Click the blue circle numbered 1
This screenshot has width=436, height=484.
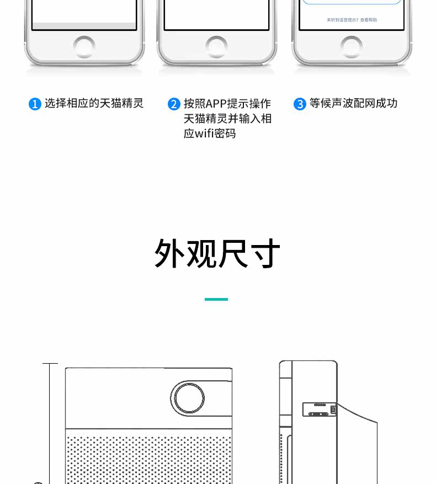(35, 104)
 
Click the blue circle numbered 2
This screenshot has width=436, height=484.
(174, 104)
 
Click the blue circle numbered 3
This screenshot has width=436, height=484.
(300, 104)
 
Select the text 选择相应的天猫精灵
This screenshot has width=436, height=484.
(94, 103)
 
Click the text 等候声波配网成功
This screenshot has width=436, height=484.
(353, 103)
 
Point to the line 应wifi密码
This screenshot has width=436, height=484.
(210, 134)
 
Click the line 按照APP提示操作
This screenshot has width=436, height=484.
(227, 103)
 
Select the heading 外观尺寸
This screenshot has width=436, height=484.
(217, 254)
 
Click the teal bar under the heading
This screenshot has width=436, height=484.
(216, 299)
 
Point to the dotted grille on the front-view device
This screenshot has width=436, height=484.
(149, 458)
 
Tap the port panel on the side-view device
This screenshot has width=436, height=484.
(319, 409)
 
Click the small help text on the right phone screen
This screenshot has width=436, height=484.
(352, 20)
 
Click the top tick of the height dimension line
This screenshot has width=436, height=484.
(50, 364)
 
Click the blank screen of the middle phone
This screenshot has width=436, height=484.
(216, 14)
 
